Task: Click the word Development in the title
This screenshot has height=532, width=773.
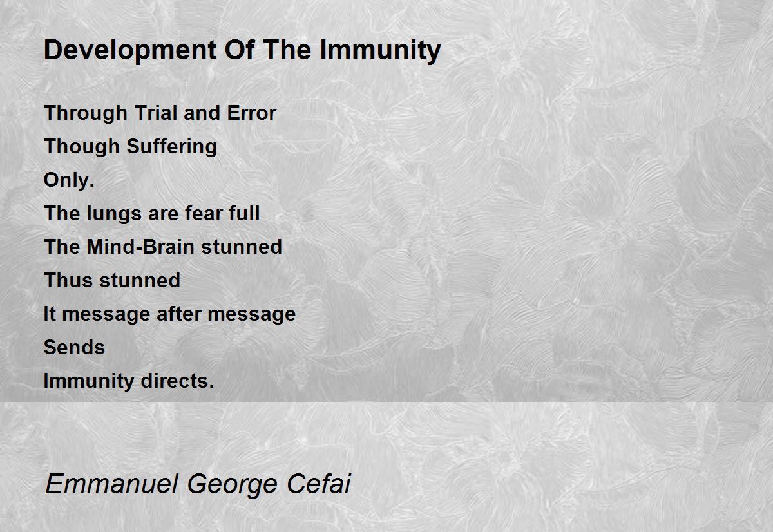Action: coord(130,51)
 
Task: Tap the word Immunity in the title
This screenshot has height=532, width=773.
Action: coord(380,51)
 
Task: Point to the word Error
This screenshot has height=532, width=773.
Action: coord(252,113)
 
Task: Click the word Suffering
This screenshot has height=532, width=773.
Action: coord(171,146)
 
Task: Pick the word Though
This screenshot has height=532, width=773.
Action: coord(81,146)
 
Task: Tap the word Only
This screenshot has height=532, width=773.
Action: coord(69,180)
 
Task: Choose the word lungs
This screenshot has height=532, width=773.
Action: coord(114,214)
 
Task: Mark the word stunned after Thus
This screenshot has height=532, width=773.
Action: coord(140,280)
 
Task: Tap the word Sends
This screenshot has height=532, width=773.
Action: coord(74,347)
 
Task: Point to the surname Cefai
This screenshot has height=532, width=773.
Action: coord(319,484)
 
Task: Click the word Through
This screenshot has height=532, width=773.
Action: coord(86,113)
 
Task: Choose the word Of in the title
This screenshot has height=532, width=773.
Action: coord(240,51)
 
